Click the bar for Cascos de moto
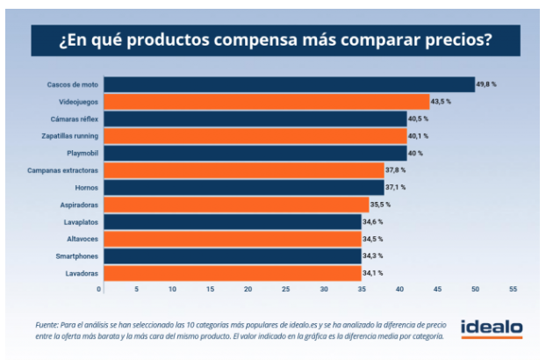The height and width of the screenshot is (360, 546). [x=287, y=84]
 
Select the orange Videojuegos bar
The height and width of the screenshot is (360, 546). [x=264, y=102]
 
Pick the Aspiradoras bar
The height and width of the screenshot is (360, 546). [x=233, y=205]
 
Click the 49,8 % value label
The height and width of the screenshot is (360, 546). [x=486, y=84]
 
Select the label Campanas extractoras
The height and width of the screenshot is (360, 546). [x=64, y=170]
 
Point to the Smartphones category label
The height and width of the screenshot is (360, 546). [x=75, y=256]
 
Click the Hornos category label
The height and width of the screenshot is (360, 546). [x=85, y=187]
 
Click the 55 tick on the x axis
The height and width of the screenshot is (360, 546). [x=513, y=288]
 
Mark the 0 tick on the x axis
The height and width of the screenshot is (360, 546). [x=100, y=288]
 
